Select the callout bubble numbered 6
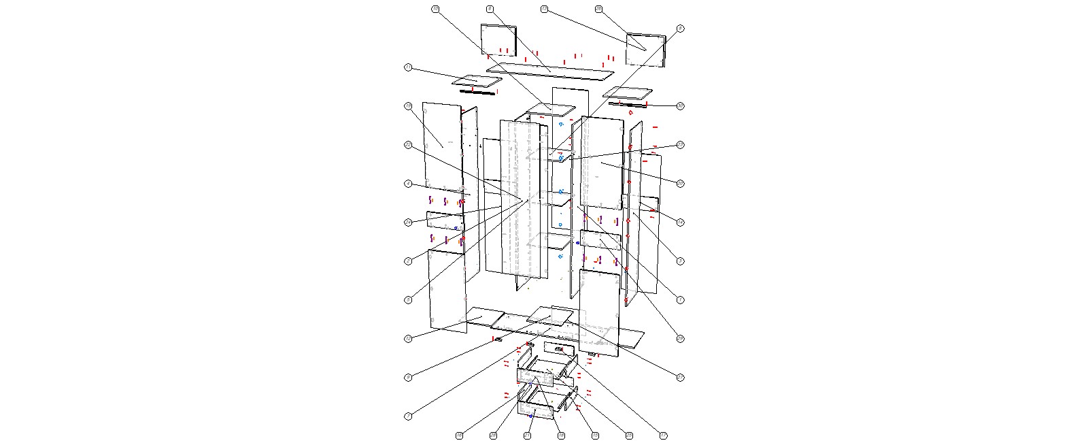[x=490, y=9]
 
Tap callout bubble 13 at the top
[x=544, y=9]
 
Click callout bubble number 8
[x=680, y=29]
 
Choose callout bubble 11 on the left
[x=408, y=67]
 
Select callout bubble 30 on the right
[x=680, y=105]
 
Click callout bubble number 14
[x=680, y=222]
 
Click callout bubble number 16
[x=459, y=435]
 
